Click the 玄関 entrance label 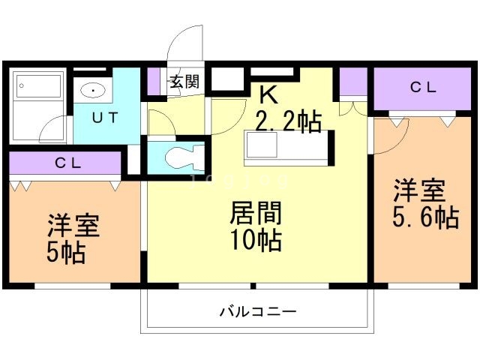point(184,82)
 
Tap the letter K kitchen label point(268,94)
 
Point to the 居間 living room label point(256,214)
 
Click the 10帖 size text point(256,241)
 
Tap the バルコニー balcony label point(258,310)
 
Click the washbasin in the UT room point(92,91)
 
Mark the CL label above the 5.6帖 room point(422,87)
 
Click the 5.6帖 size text point(424,217)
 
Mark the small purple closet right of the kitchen point(352,83)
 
